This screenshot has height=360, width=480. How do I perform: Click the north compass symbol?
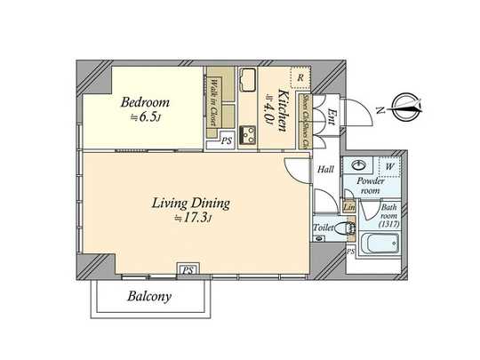405,109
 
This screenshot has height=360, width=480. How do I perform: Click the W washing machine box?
388,166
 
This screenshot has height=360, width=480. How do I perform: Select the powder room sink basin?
360,166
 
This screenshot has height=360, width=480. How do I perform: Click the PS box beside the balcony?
188,270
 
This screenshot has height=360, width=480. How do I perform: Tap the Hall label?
324,168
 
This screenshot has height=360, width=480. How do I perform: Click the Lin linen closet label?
349,207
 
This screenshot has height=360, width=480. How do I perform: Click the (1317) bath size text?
388,223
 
